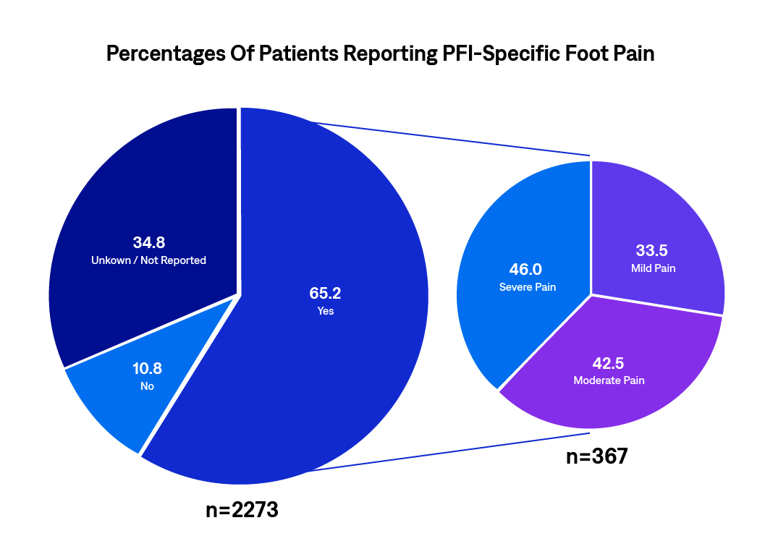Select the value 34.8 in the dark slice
pyautogui.click(x=148, y=242)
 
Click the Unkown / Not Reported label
pyautogui.click(x=148, y=260)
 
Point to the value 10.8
pyautogui.click(x=147, y=369)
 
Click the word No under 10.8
pyautogui.click(x=147, y=386)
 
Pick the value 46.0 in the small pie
pyautogui.click(x=527, y=270)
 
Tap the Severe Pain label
pyautogui.click(x=527, y=287)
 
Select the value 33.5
pyautogui.click(x=653, y=251)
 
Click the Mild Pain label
pyautogui.click(x=653, y=268)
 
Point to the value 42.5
pyautogui.click(x=609, y=362)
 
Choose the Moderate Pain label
pyautogui.click(x=609, y=380)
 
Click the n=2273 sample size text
pyautogui.click(x=242, y=510)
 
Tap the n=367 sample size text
pyautogui.click(x=596, y=457)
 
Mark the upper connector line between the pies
pyautogui.click(x=449, y=138)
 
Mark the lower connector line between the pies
pyautogui.click(x=449, y=454)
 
